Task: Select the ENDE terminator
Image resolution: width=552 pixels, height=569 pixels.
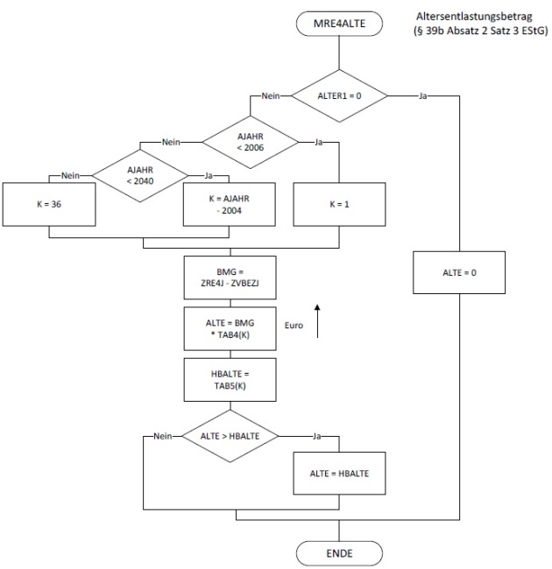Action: (338, 553)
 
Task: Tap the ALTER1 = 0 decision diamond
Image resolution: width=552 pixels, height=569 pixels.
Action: (338, 95)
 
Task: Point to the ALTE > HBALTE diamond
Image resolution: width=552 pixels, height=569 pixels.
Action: (229, 434)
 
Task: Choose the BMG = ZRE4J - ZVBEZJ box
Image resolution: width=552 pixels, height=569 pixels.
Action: (229, 277)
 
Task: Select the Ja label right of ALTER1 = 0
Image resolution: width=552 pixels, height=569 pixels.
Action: (424, 95)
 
